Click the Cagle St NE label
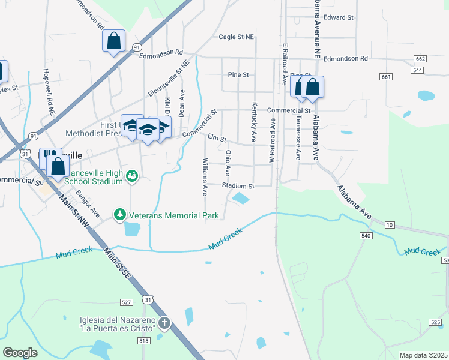coord(237,37)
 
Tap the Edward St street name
coord(338,17)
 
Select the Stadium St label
coord(238,186)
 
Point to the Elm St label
coord(217,139)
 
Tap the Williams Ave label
coord(205,177)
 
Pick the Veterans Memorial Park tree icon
coord(120,214)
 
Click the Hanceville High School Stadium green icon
coord(133,176)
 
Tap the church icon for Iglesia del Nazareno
coord(164,324)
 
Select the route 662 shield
coord(420,59)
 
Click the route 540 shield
coord(366,236)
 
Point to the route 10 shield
coord(390,224)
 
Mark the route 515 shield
coord(143,341)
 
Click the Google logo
coord(20,352)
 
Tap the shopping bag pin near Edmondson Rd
coord(113,41)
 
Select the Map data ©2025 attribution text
coord(423,356)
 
